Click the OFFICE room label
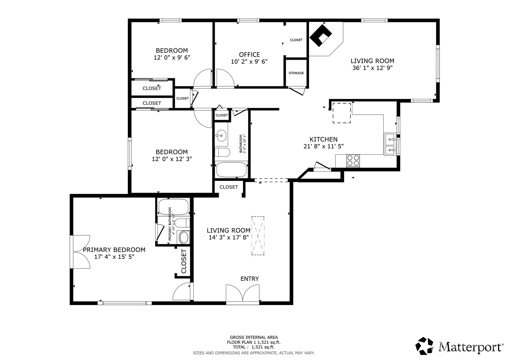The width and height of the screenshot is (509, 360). point(249,54)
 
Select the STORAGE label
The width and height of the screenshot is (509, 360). point(296,73)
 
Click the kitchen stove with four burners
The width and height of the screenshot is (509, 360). point(353,161)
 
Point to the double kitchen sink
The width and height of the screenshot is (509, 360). point(390,144)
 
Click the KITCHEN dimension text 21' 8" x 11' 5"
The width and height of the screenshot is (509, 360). point(323,146)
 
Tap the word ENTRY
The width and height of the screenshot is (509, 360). point(249,279)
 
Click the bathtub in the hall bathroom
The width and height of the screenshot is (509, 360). point(231,169)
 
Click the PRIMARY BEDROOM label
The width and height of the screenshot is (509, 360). point(114,250)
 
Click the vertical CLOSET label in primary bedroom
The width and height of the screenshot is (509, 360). point(184,261)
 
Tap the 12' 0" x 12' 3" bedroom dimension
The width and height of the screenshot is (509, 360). point(172,159)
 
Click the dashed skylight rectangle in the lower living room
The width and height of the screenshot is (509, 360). point(258,236)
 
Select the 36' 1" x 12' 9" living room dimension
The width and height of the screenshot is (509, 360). point(372,68)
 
